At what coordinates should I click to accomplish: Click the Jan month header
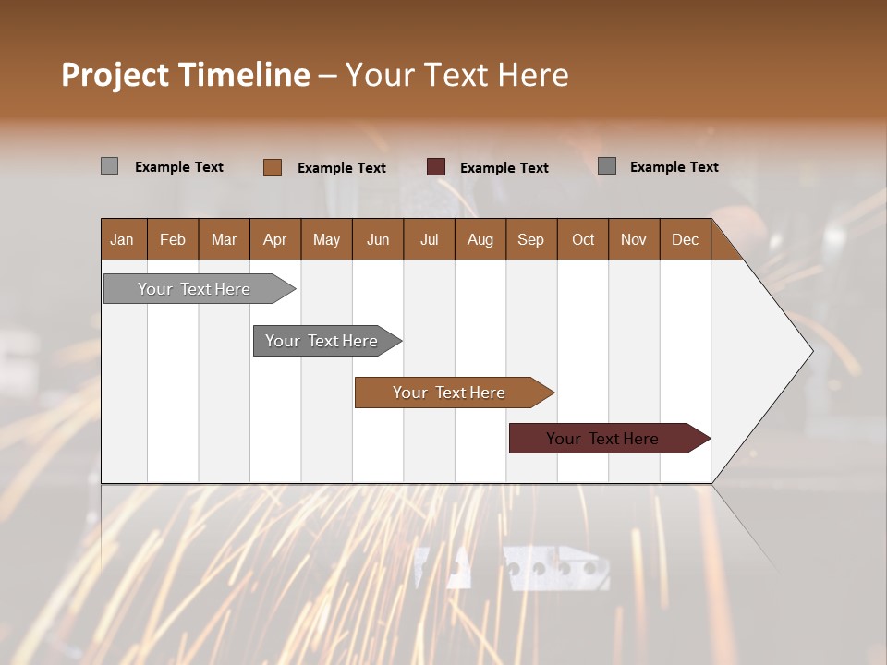tap(122, 240)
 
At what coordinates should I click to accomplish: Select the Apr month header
tap(274, 240)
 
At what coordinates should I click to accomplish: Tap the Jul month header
tap(429, 240)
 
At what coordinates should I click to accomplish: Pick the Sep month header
tap(530, 240)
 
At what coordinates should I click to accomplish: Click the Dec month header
tap(685, 240)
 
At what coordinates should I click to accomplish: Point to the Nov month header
tap(633, 240)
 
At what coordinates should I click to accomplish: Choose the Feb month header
tap(173, 240)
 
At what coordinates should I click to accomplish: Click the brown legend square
tap(272, 167)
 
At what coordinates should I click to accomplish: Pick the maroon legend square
tap(436, 167)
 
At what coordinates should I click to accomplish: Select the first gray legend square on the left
tap(109, 166)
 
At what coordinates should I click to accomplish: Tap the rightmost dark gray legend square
tap(607, 166)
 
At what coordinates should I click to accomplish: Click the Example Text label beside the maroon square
tap(504, 168)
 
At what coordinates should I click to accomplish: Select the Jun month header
tap(378, 240)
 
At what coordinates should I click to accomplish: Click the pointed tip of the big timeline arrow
tap(810, 351)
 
